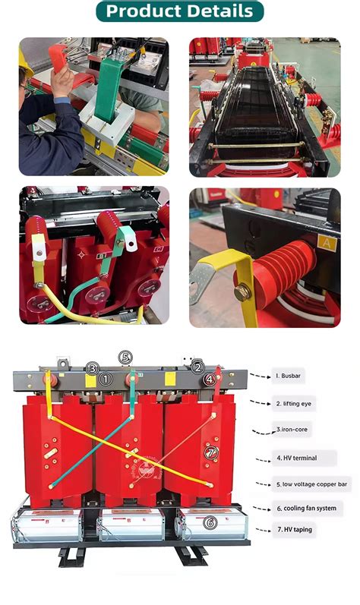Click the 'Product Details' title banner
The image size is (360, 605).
[x=179, y=11]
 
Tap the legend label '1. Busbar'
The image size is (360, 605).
[x=289, y=375]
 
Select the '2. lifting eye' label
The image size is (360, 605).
[x=295, y=404]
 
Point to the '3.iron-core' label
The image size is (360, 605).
[x=292, y=430]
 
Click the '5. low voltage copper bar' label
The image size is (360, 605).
[x=311, y=483]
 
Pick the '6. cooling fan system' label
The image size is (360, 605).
[x=305, y=508]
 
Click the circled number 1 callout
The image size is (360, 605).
[x=106, y=377]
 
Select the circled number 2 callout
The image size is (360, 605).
[x=197, y=367]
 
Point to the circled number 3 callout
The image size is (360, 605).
[x=92, y=368]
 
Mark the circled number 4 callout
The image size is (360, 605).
[x=210, y=377]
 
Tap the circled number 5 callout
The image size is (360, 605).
[x=126, y=358]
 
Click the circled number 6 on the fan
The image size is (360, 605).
[x=210, y=522]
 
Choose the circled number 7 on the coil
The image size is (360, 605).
[x=212, y=453]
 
